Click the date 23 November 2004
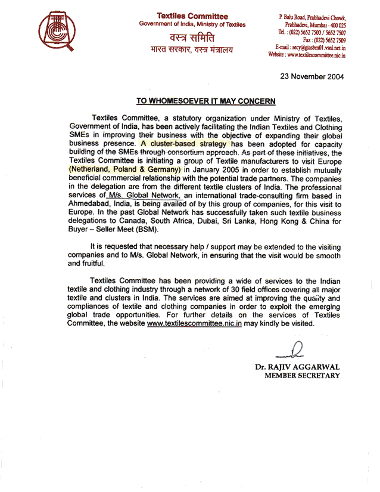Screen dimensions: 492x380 point(312,77)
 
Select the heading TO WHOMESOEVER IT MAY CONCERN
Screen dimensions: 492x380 point(205,101)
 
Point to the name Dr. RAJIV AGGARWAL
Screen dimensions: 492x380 point(297,367)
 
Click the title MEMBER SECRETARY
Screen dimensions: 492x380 point(302,376)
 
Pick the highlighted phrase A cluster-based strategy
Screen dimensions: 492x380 point(185,144)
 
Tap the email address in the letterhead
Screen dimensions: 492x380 point(310,47)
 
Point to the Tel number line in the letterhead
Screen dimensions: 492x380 point(312,33)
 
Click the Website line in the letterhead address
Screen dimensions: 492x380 point(307,54)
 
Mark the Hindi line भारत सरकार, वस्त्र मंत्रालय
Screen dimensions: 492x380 point(191,50)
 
